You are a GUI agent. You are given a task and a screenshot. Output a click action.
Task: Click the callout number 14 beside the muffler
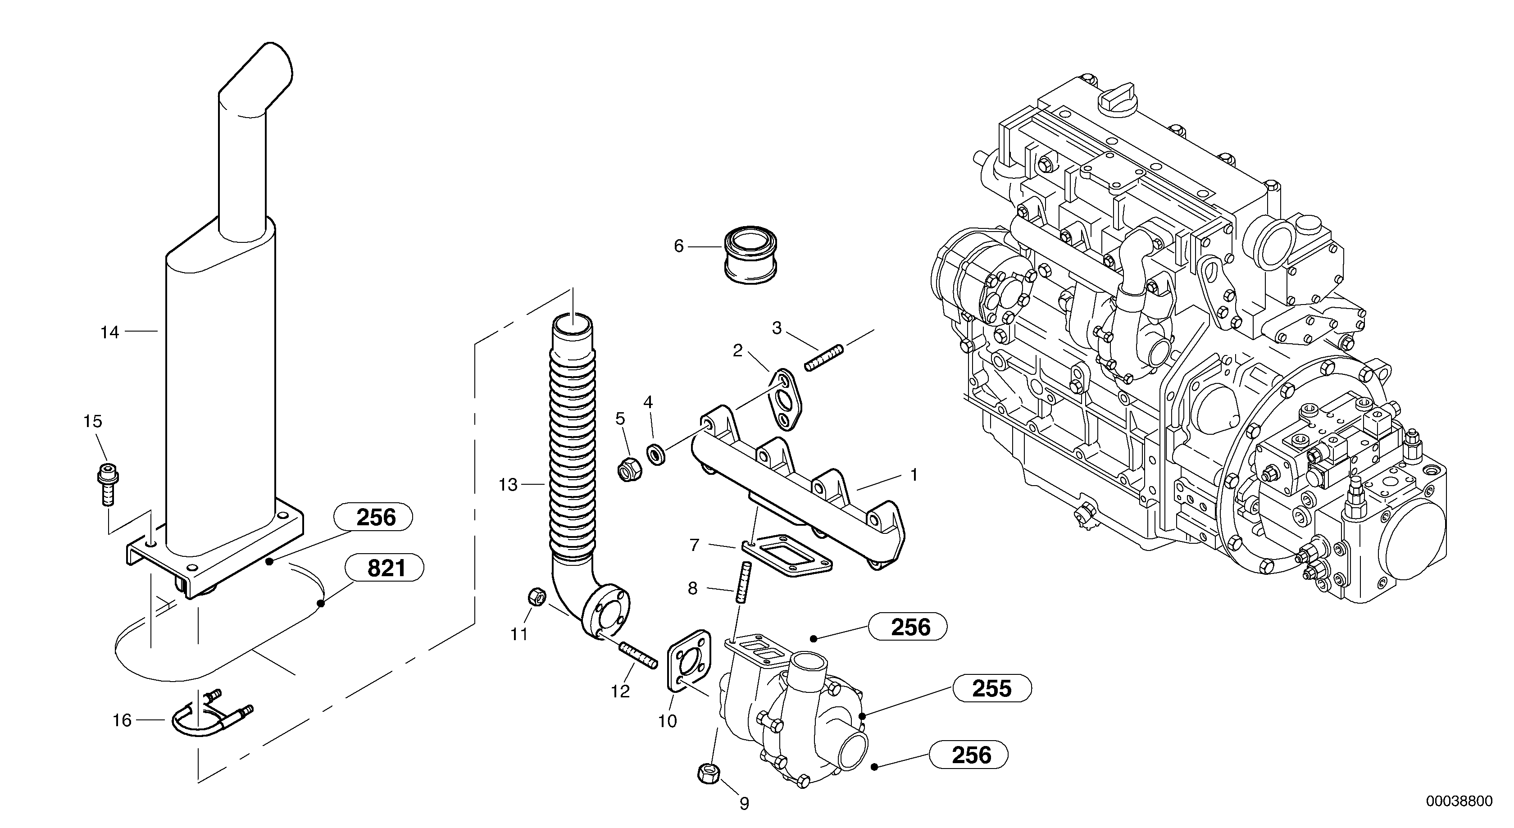[109, 332]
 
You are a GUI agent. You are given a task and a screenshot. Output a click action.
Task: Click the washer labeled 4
[656, 454]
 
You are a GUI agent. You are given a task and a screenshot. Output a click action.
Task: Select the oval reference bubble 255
[991, 689]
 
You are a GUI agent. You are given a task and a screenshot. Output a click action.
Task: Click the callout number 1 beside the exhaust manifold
[914, 474]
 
